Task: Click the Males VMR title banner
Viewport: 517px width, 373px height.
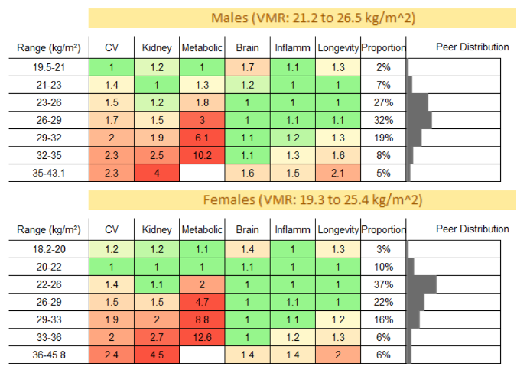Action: click(x=302, y=18)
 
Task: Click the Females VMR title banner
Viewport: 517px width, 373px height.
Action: click(x=302, y=200)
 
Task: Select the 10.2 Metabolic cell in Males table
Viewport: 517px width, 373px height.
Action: click(x=202, y=155)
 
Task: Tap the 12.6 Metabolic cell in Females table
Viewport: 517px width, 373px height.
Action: click(x=202, y=337)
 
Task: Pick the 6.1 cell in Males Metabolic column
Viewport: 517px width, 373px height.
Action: click(x=202, y=138)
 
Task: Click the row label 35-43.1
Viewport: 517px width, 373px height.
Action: click(x=49, y=173)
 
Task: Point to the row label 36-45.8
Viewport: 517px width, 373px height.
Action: click(x=49, y=355)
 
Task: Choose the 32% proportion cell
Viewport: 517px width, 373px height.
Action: click(x=383, y=120)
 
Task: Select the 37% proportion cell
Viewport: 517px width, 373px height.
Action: click(x=383, y=284)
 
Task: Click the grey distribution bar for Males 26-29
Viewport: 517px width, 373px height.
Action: click(x=420, y=120)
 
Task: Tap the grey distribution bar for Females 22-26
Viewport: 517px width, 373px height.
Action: click(x=422, y=284)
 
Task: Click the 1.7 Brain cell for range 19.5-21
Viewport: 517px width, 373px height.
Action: click(x=247, y=67)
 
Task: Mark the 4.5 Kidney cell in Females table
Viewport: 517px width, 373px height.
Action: click(x=157, y=355)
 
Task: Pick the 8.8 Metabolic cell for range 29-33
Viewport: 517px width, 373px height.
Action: click(x=202, y=319)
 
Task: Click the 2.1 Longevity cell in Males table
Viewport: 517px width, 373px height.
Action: click(x=338, y=173)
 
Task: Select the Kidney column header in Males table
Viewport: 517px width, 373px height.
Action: click(x=157, y=48)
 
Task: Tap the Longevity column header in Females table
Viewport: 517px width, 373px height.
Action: click(x=338, y=229)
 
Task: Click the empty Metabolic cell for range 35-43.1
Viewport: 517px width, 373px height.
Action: click(x=202, y=173)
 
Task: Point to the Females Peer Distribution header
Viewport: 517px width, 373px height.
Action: click(x=472, y=229)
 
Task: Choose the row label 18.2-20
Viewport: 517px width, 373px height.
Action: click(x=49, y=249)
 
